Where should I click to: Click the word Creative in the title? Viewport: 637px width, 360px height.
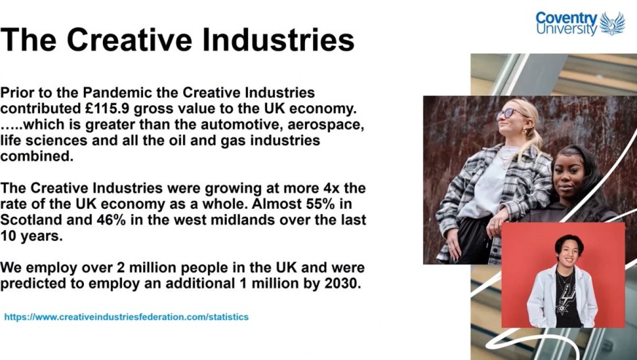129,40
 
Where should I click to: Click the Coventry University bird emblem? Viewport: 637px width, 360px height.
612,23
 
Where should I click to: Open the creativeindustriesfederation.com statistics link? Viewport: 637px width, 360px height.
126,317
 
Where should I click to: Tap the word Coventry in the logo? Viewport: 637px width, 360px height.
567,18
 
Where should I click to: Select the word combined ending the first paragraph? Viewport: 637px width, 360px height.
36,156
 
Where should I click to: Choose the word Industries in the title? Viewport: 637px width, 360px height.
278,40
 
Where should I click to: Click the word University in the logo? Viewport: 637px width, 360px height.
567,29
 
